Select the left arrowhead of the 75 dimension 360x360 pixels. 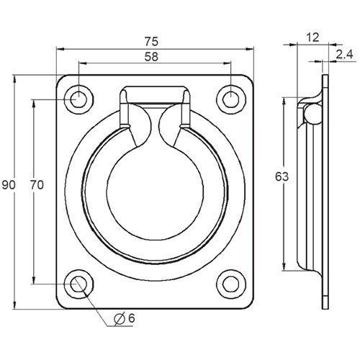[x=60, y=48]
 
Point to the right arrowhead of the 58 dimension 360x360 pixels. [x=229, y=63]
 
